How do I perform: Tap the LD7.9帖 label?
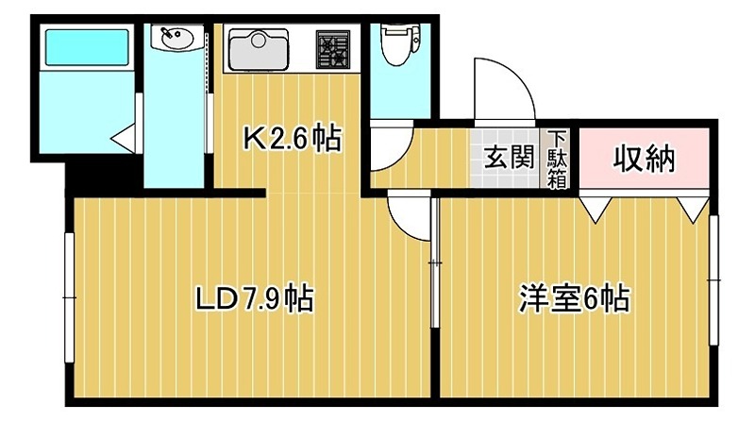(254, 299)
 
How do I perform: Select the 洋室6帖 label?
(573, 299)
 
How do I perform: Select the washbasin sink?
(176, 40)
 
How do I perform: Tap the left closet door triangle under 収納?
(595, 207)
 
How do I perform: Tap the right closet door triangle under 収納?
(694, 207)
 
